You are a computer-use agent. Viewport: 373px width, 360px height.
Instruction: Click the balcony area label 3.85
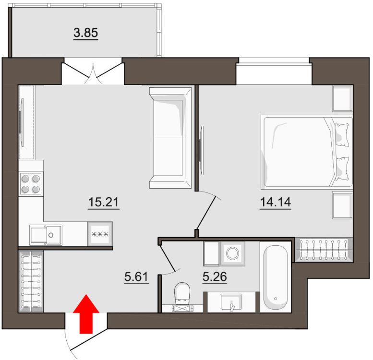85,33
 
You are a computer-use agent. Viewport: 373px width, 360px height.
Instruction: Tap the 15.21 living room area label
104,203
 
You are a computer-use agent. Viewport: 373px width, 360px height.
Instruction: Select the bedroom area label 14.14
276,203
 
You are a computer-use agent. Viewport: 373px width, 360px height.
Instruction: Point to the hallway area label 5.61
136,277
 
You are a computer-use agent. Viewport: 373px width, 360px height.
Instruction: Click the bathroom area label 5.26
215,277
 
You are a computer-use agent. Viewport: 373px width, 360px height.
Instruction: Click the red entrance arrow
85,313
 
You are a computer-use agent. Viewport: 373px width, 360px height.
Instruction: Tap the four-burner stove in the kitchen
30,183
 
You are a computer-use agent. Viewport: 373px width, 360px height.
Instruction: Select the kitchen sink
46,235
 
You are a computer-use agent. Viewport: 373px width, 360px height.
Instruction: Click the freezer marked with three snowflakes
100,234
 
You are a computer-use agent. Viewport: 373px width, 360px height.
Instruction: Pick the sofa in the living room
170,138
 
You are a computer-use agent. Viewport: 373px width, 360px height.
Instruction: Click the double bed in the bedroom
307,152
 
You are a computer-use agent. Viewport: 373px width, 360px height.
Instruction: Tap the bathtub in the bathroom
276,276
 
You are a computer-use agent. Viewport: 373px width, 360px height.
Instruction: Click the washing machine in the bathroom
232,253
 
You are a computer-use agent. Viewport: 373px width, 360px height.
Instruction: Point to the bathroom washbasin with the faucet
231,302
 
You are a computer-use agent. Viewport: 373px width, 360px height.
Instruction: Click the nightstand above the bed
343,98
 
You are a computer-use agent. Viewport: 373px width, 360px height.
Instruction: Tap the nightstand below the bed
343,205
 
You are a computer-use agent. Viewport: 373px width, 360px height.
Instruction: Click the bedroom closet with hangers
324,250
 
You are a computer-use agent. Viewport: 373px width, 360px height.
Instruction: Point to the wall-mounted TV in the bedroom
202,151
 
